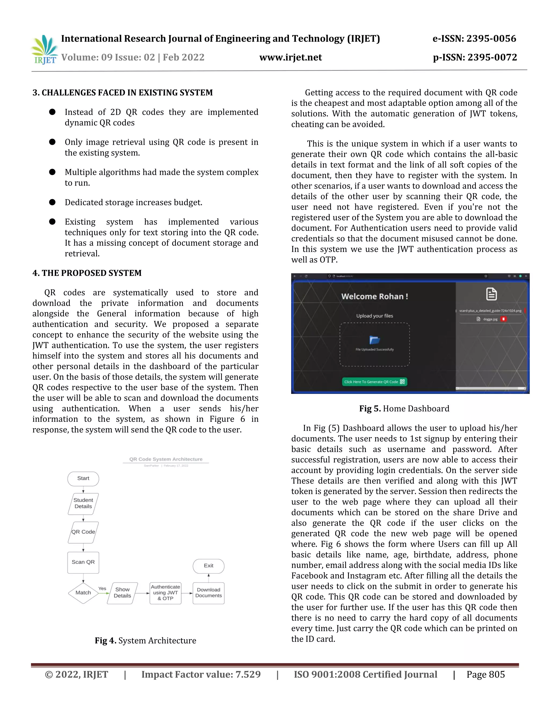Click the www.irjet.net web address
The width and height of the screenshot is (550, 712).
pyautogui.click(x=290, y=57)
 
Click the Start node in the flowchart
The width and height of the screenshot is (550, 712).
pyautogui.click(x=83, y=478)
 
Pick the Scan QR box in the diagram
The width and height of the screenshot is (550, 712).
pyautogui.click(x=83, y=562)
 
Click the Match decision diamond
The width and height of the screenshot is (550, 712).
pyautogui.click(x=83, y=593)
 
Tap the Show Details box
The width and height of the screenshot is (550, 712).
pyautogui.click(x=122, y=593)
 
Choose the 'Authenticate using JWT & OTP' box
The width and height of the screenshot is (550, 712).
pyautogui.click(x=165, y=593)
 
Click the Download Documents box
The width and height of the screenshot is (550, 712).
pyautogui.click(x=208, y=593)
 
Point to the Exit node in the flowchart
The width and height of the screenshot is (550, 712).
pyautogui.click(x=208, y=566)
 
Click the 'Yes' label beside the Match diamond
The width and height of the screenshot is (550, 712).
pyautogui.click(x=102, y=588)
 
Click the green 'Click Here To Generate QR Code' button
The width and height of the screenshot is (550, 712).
pyautogui.click(x=374, y=382)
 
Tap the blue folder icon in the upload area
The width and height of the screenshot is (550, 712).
pyautogui.click(x=375, y=340)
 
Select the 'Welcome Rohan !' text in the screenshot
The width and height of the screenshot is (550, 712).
pyautogui.click(x=374, y=296)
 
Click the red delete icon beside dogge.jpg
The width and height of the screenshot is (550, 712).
pyautogui.click(x=504, y=319)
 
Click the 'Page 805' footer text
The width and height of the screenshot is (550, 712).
pyautogui.click(x=486, y=674)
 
